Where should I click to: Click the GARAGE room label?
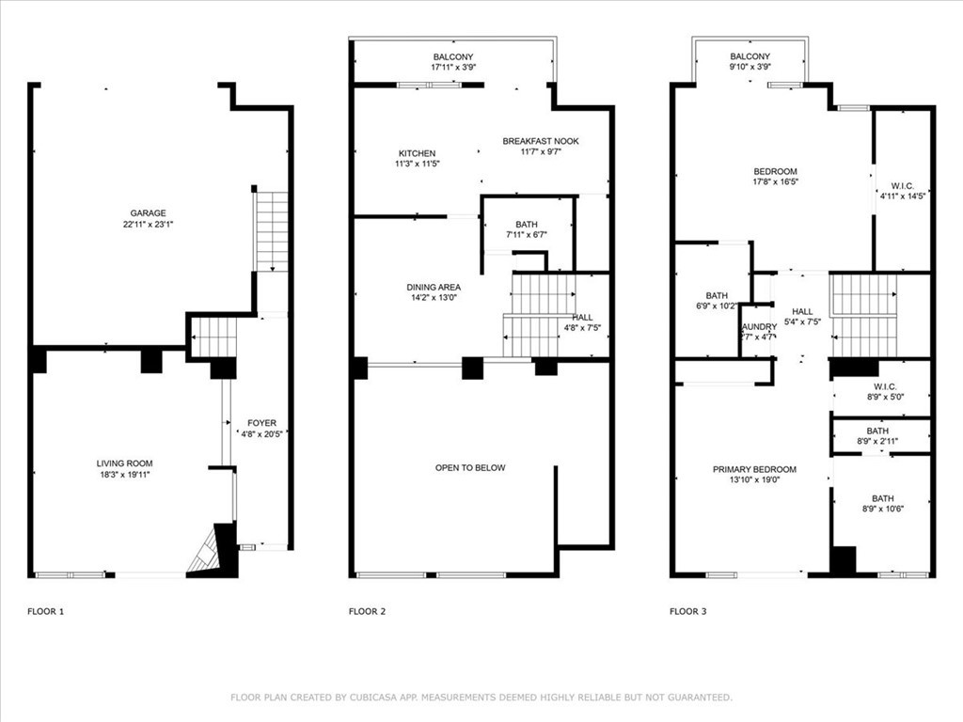click(x=148, y=213)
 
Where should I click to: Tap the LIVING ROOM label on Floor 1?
click(x=124, y=463)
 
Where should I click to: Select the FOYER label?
click(x=261, y=423)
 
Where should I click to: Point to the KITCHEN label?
click(x=417, y=153)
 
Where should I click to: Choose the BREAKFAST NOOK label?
click(x=541, y=141)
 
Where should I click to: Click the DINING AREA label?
click(x=434, y=288)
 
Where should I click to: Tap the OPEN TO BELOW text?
click(x=470, y=468)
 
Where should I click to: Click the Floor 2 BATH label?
click(x=527, y=224)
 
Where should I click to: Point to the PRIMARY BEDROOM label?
click(x=754, y=469)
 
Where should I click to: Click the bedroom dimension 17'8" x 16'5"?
click(x=775, y=182)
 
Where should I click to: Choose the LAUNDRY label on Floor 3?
click(x=758, y=326)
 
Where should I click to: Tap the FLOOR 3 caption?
click(x=687, y=612)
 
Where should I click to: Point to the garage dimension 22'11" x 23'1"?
click(x=148, y=226)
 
